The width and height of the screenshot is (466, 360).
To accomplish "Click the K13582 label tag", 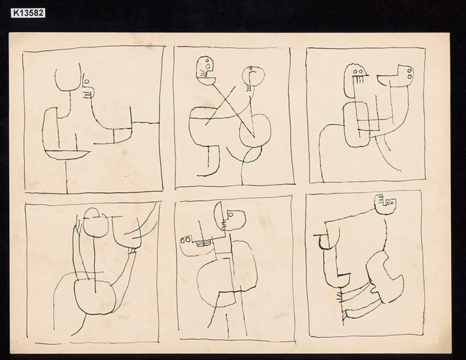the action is tap(28, 13).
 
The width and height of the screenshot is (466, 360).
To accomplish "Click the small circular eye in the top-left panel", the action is tap(87, 81).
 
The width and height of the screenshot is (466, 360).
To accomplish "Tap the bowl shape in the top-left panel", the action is tap(69, 154).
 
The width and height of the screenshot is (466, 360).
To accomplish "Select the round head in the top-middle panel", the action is tap(253, 75).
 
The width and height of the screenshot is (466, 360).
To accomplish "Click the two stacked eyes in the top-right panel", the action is tap(410, 73).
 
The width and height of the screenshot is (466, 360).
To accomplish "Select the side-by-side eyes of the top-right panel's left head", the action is tap(358, 71).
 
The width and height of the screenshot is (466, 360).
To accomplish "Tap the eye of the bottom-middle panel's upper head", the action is tap(230, 214).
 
